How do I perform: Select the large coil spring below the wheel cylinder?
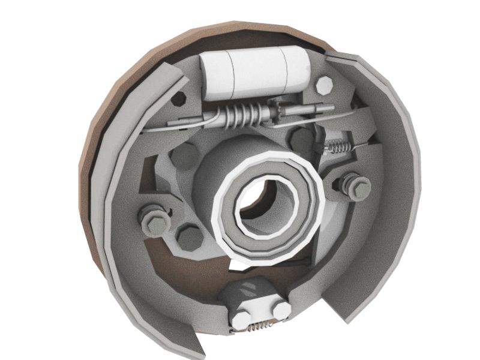[240, 114]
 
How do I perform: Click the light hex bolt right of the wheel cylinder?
[325, 86]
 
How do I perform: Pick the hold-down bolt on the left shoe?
[154, 219]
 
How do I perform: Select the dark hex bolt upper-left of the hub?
[184, 157]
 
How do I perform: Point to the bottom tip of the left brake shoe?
[192, 348]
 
